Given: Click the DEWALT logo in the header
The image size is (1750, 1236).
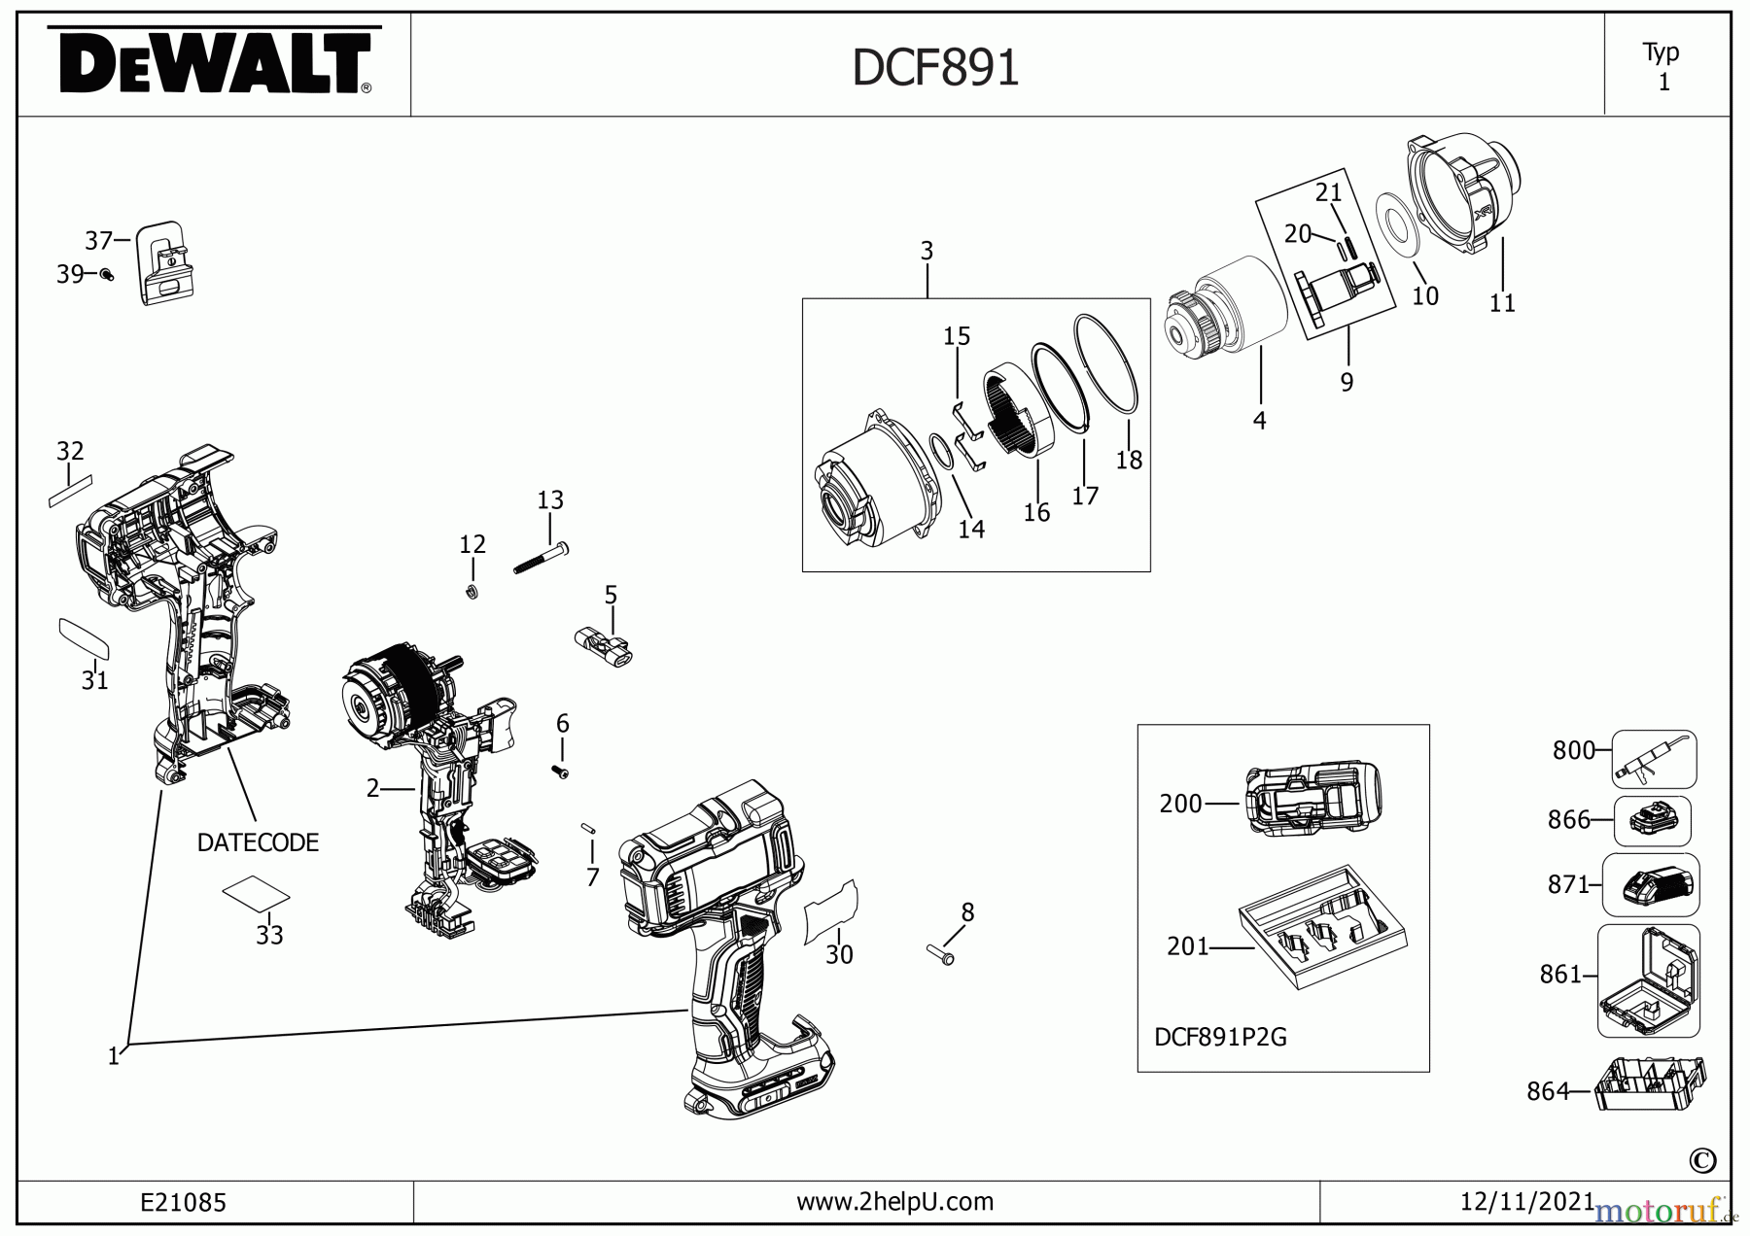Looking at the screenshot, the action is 212,63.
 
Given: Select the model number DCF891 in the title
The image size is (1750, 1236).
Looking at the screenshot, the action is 935,68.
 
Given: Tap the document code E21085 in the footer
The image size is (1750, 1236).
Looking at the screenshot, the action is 183,1203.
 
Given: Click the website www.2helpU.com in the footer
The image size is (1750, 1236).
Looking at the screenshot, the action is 894,1202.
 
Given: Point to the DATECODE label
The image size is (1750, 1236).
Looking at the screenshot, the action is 258,842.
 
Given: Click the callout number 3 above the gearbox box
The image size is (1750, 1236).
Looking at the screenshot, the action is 927,251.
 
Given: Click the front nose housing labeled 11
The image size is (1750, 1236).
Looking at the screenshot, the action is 1465,194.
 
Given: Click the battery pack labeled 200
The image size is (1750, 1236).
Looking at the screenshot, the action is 1312,799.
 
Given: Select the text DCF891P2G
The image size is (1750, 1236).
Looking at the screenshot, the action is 1220,1037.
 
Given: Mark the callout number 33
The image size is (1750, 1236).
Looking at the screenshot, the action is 269,935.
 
